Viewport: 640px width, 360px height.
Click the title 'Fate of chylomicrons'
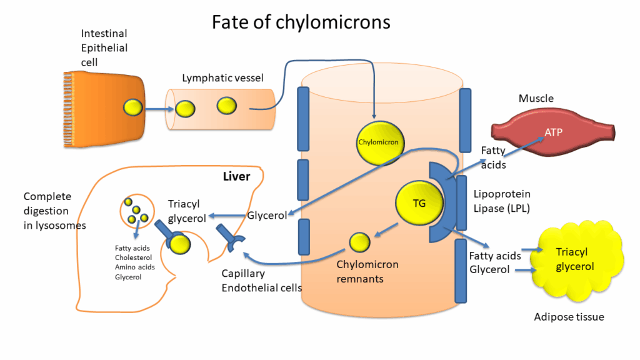(301, 22)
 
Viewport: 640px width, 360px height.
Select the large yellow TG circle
(419, 204)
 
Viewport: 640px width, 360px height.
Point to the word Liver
(236, 177)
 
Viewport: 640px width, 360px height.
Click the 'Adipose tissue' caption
(569, 317)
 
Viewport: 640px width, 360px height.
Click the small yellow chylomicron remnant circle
(359, 241)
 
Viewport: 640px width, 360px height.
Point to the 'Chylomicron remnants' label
(367, 272)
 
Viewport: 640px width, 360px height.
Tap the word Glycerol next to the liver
(267, 216)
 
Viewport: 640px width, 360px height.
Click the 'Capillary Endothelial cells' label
(262, 281)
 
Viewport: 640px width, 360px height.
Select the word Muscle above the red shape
(536, 99)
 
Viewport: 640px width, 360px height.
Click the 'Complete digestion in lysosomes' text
(47, 211)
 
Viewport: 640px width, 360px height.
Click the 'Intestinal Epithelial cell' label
(104, 47)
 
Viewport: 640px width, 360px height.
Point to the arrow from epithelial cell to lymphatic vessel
(159, 109)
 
